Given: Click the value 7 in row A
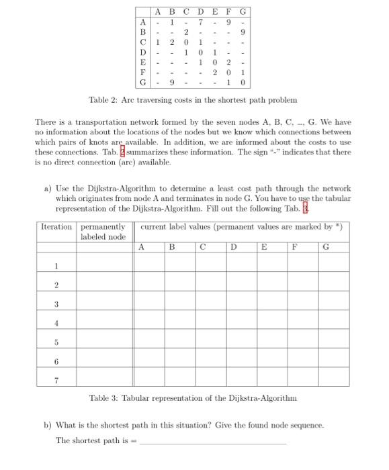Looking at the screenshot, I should coord(200,22).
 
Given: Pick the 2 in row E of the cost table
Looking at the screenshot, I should coord(228,63).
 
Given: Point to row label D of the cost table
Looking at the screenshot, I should coord(142,53).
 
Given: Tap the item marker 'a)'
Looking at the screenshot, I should coord(48,189).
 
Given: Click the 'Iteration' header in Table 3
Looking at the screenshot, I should coord(56,227).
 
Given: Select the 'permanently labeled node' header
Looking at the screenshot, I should coord(103,232).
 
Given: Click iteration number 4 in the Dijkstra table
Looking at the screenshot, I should coord(56,324).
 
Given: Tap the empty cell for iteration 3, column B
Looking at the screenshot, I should coord(179,305).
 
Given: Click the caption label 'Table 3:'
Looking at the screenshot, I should coord(104,398).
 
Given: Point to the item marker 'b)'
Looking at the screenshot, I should coord(48,426).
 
